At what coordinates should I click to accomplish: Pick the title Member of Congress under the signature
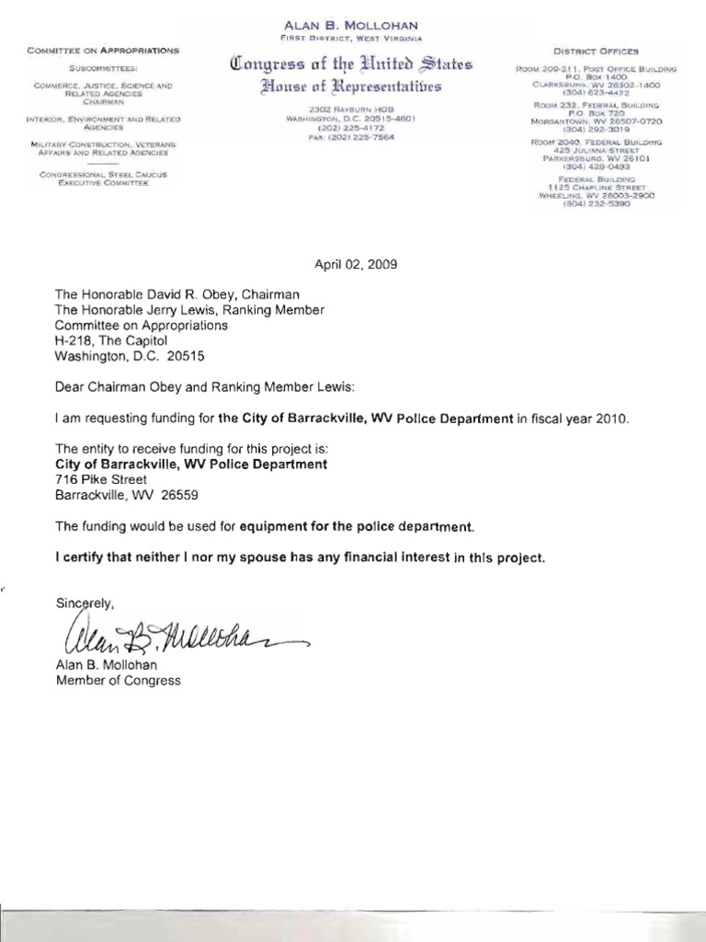tap(119, 681)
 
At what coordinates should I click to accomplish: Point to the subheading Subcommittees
tap(103, 69)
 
